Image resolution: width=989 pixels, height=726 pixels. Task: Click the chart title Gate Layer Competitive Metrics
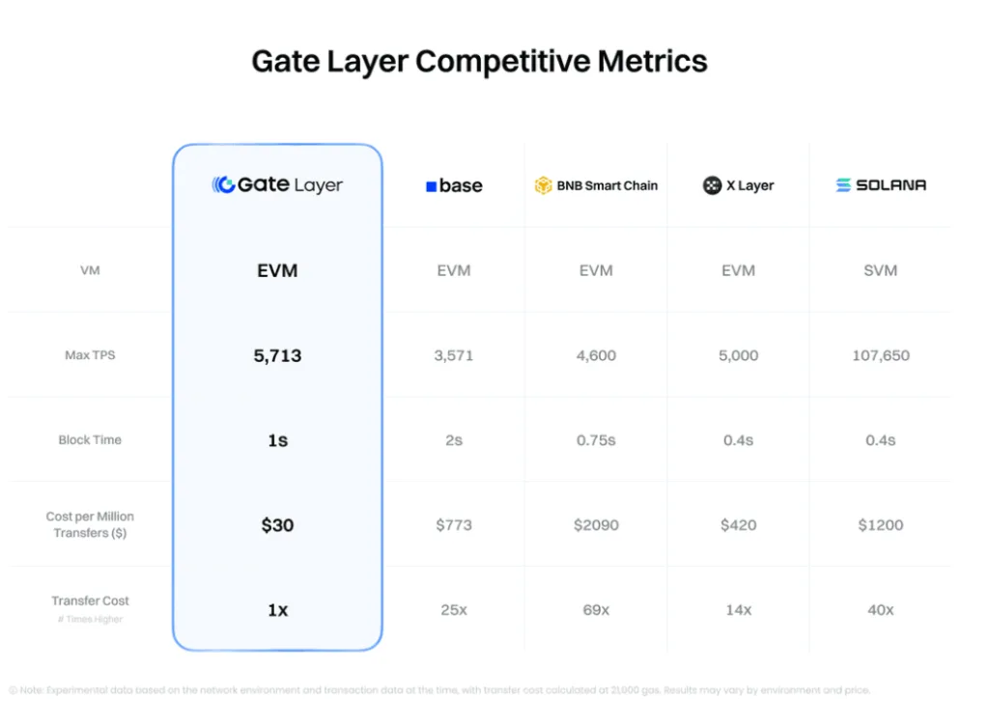click(x=479, y=62)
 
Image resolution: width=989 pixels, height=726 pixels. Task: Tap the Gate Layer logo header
click(x=277, y=184)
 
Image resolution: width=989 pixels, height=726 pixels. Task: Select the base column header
click(x=454, y=185)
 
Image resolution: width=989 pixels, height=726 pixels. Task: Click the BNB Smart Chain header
click(x=596, y=185)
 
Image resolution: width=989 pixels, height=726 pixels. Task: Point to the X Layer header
click(x=739, y=185)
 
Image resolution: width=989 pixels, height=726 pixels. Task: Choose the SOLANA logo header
click(x=881, y=185)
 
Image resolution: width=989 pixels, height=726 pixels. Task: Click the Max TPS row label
click(x=90, y=355)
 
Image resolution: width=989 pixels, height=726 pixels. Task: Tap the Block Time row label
click(x=90, y=440)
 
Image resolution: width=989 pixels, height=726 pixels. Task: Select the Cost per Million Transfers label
click(x=90, y=524)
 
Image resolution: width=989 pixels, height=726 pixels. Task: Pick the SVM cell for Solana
click(x=881, y=270)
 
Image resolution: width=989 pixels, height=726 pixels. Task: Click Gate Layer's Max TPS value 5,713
click(x=277, y=355)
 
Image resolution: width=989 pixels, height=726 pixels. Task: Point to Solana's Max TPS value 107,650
click(x=881, y=355)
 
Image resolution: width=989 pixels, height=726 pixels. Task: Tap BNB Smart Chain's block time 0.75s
click(x=596, y=440)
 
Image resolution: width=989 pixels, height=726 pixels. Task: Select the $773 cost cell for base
click(x=454, y=525)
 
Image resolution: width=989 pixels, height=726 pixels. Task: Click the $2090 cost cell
click(x=596, y=525)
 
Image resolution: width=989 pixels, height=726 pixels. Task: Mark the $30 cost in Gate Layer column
click(x=277, y=525)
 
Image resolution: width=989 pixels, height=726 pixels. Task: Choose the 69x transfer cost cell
click(x=596, y=610)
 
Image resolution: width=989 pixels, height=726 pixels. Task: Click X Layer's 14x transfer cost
click(x=739, y=610)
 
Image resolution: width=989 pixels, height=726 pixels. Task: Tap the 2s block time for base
click(x=454, y=440)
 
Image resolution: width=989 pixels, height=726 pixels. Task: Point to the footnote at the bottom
click(x=439, y=690)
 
